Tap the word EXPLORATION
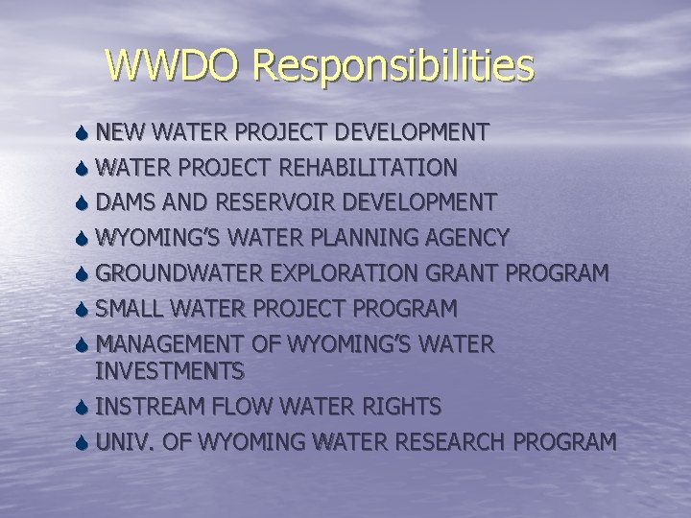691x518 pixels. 342,273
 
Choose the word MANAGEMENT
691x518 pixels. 183,344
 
